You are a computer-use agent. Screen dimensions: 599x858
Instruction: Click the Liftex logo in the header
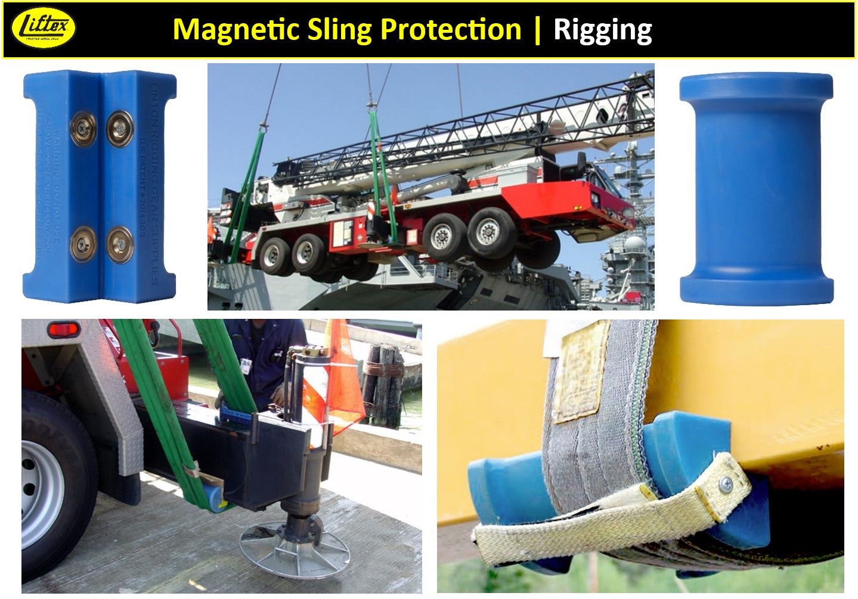(x=44, y=28)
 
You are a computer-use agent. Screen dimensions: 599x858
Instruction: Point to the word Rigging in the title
(x=603, y=29)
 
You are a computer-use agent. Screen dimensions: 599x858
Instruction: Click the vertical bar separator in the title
(x=538, y=29)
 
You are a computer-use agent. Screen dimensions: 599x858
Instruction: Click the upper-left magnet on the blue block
(x=83, y=128)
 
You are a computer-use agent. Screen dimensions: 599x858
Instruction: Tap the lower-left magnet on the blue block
(x=83, y=244)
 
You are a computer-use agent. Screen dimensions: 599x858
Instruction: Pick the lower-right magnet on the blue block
(x=120, y=244)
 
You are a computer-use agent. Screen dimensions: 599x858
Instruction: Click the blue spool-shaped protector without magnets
(x=757, y=189)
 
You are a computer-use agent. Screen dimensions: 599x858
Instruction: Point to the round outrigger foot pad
(x=294, y=547)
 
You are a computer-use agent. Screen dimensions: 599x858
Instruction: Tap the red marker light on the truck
(x=64, y=329)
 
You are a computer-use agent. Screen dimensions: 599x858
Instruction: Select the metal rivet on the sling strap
(x=726, y=484)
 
